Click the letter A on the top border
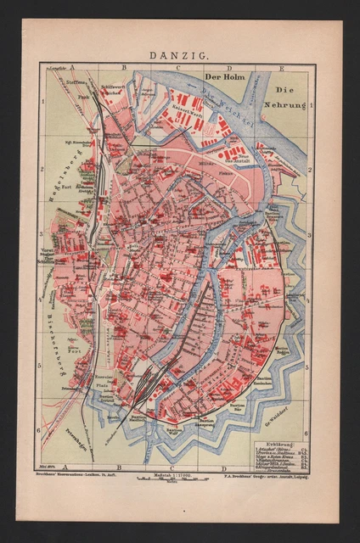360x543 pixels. pos(74,65)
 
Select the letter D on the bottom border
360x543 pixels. pos(223,467)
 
